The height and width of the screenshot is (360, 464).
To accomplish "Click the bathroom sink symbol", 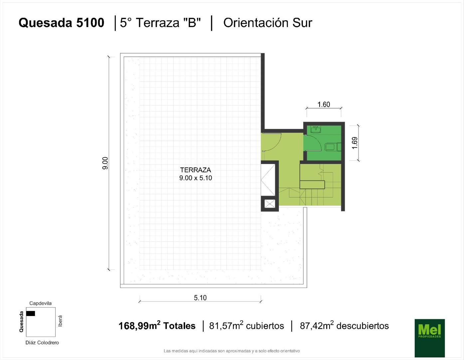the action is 316,130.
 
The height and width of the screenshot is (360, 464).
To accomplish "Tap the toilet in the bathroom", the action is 333,147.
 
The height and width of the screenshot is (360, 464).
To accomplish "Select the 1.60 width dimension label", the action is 324,105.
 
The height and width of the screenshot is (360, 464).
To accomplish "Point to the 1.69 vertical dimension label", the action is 354,143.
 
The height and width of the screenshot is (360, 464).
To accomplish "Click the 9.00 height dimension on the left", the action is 105,163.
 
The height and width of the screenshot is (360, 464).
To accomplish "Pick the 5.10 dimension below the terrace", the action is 200,298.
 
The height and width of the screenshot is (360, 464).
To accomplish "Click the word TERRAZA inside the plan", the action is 196,170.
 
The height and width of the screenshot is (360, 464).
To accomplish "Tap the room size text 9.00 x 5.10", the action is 196,178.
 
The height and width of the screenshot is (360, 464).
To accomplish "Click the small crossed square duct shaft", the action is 270,204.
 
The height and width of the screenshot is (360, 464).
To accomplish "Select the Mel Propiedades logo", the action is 430,338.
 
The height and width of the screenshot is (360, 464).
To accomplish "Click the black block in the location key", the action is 31,313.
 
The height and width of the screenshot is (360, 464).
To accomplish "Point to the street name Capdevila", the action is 40,303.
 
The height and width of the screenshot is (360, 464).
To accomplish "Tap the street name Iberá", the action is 60,321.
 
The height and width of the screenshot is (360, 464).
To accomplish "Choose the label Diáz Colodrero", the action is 42,343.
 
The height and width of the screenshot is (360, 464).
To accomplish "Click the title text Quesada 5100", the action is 61,23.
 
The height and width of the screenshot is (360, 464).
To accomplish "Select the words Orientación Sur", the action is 268,23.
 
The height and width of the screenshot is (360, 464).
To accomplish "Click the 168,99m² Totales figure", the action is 157,326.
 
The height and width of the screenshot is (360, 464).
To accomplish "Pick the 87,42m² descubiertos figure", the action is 344,326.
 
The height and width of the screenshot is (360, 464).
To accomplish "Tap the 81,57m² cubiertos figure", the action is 247,326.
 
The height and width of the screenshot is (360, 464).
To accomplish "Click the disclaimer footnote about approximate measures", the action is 232,351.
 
